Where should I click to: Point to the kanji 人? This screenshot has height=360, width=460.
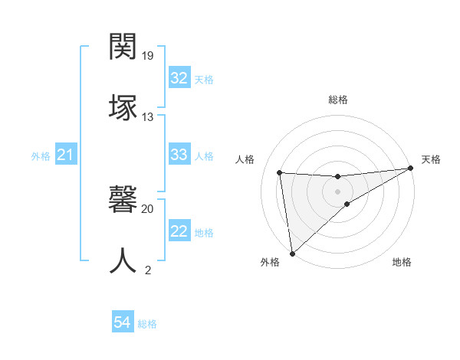click(x=123, y=260)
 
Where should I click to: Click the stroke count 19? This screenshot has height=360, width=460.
click(x=148, y=56)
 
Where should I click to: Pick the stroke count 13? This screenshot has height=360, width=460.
click(x=148, y=116)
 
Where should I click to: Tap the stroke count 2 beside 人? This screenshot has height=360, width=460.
click(x=148, y=270)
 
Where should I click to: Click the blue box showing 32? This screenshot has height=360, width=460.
click(x=179, y=78)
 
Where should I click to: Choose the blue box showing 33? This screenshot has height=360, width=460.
click(x=179, y=155)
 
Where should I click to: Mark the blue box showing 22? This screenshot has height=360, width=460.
click(x=179, y=231)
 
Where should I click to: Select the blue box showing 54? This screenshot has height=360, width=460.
click(x=123, y=323)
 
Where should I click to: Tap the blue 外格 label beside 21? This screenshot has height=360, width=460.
click(x=41, y=156)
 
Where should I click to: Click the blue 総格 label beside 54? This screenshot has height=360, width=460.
click(x=147, y=324)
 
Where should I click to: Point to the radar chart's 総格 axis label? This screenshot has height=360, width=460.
click(x=337, y=100)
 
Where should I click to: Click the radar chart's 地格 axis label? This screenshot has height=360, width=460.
click(x=402, y=262)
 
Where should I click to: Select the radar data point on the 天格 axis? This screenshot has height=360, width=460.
click(x=410, y=169)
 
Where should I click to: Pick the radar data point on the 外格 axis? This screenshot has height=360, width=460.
click(x=292, y=253)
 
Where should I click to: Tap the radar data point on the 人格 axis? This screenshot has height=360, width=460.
click(x=279, y=172)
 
